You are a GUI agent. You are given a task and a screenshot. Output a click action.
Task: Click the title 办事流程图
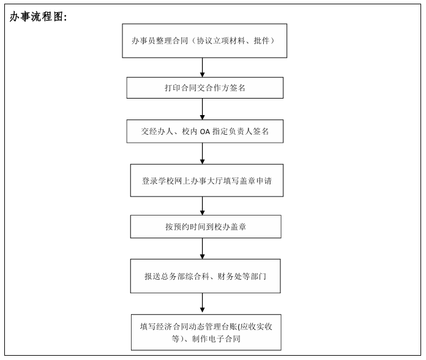[38, 17]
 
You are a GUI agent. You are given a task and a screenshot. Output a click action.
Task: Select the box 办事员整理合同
[204, 41]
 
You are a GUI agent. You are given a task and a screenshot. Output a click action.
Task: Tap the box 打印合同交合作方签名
[205, 88]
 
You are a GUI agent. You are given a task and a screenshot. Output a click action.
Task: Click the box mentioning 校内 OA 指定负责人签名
[205, 131]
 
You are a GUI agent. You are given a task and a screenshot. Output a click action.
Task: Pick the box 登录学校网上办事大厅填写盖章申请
[207, 181]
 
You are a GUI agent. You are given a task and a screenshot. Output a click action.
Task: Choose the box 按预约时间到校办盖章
[206, 227]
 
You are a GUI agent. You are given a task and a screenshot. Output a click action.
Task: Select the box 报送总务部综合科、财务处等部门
[206, 276]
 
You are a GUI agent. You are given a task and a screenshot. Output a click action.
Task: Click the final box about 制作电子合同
[206, 332]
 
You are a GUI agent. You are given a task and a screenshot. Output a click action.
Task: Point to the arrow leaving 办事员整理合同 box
[202, 67]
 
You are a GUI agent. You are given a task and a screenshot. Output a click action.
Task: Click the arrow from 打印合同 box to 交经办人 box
[202, 109]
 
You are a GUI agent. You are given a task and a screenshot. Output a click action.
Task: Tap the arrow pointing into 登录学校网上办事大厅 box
[202, 154]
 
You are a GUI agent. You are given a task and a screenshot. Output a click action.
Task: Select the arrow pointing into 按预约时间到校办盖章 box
[202, 206]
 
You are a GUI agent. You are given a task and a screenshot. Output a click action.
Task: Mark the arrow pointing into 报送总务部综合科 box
[202, 249]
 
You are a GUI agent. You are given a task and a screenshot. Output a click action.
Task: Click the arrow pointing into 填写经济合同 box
[202, 302]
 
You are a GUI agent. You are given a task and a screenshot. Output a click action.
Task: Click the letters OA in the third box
[205, 132]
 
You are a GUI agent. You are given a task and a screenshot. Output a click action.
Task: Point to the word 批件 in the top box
[261, 41]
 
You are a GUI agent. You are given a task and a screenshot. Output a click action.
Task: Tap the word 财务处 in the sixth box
[230, 276]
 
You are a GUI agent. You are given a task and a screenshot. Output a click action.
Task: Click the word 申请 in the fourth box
[264, 181]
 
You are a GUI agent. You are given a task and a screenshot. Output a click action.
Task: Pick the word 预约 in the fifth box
[181, 227]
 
